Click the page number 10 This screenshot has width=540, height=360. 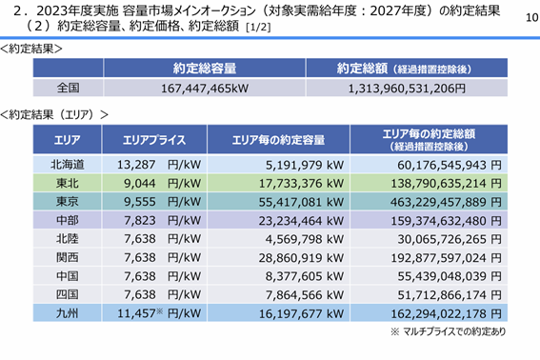532,17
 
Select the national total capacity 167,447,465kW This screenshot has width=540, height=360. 205,89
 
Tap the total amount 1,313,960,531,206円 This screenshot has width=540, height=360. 407,89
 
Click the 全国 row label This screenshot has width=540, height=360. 68,88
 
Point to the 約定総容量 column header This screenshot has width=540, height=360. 205,69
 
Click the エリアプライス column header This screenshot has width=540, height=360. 154,140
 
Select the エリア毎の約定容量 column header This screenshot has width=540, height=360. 278,140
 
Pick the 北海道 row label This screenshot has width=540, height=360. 68,165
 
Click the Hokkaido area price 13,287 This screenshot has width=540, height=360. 136,165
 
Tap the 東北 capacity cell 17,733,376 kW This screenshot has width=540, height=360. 301,184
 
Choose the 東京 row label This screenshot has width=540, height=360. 68,202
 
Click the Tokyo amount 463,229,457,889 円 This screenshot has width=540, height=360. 446,202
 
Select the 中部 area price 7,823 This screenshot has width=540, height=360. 140,221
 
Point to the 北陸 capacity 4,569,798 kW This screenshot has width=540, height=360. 305,239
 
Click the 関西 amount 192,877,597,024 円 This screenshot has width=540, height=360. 446,258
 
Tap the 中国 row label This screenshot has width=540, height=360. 68,276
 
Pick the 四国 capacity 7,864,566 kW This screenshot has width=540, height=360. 305,295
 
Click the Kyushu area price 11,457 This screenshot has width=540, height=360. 136,313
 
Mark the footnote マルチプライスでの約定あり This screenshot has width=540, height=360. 454,331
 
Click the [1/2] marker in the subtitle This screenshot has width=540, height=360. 258,28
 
